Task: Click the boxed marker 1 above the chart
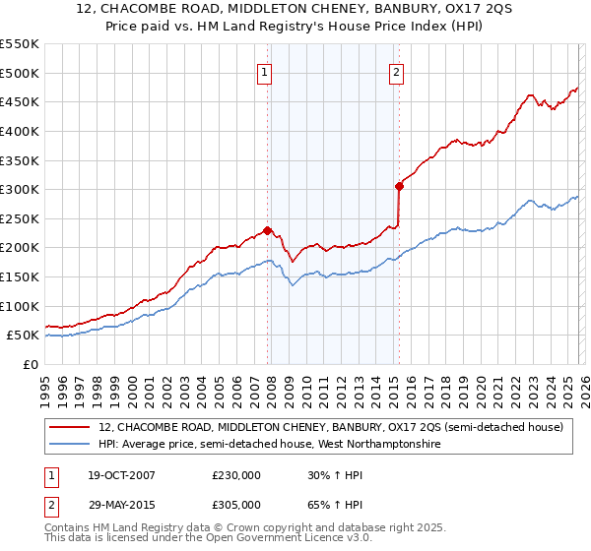point(267,71)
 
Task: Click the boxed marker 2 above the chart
point(396,71)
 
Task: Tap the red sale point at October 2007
point(267,230)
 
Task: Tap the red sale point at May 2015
point(399,185)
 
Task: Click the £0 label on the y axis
point(32,364)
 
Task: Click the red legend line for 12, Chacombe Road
point(71,428)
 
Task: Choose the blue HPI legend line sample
point(71,445)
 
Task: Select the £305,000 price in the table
point(236,504)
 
